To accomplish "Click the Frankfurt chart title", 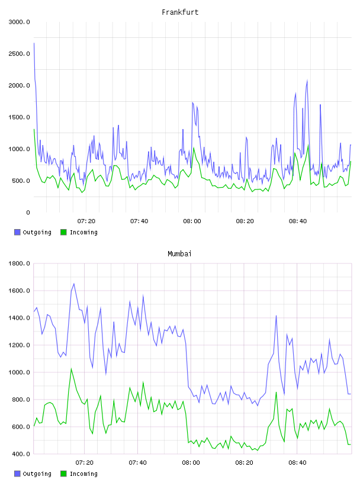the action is tap(180, 12).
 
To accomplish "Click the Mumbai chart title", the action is tap(179, 254).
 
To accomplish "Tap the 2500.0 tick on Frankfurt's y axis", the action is tap(20, 54).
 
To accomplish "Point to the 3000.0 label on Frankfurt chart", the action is tap(20, 22).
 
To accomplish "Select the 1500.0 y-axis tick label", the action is tap(20, 117).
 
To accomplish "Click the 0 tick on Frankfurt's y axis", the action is tap(28, 212).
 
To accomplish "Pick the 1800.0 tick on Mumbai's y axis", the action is tap(20, 263).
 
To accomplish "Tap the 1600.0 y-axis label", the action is tap(20, 291).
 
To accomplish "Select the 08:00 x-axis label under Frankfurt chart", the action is tap(192, 221).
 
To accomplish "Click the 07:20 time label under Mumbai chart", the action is tap(85, 463).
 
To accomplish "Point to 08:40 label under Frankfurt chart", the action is tap(298, 221).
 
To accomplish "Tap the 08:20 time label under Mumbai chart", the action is tap(244, 463).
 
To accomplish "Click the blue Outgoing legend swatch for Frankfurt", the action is tap(17, 232).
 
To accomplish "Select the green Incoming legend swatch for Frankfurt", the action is tap(63, 232).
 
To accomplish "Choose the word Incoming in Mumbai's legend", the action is tap(83, 474).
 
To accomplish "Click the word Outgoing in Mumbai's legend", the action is tap(37, 474).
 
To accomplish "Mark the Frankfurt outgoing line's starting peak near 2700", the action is tap(34, 43).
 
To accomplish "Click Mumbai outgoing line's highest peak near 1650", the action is tap(73, 284).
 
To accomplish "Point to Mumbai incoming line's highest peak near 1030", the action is tap(71, 368).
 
